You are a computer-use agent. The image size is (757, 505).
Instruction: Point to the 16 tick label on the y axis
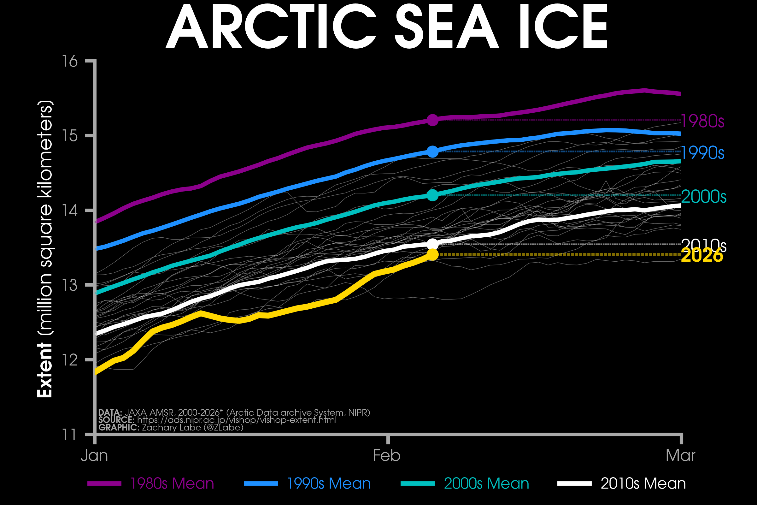click(x=70, y=61)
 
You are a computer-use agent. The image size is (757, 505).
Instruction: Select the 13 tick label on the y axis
click(x=70, y=285)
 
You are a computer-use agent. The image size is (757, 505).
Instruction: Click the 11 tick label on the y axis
click(x=70, y=435)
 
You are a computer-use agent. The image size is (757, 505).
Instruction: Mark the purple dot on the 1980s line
click(x=432, y=120)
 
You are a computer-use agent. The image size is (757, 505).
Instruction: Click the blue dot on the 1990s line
click(x=432, y=151)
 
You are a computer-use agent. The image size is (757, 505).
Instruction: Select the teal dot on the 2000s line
click(x=432, y=195)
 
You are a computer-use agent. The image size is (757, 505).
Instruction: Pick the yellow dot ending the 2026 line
click(x=432, y=255)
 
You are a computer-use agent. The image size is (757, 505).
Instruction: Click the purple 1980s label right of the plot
click(x=703, y=122)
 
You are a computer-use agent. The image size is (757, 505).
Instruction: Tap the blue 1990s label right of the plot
click(x=703, y=153)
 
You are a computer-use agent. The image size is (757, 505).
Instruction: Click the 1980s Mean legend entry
click(x=172, y=484)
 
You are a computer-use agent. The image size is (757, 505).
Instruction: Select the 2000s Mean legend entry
click(x=486, y=484)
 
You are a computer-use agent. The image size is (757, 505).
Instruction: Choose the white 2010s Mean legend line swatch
click(x=574, y=484)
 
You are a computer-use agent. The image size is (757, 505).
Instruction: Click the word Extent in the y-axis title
click(x=45, y=370)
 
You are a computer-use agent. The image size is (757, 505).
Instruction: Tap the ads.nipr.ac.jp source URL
click(x=237, y=420)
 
